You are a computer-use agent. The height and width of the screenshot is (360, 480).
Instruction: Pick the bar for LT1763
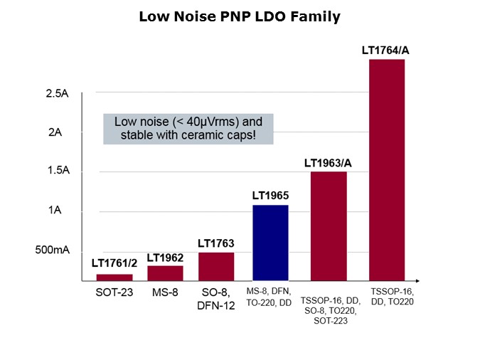(x=216, y=266)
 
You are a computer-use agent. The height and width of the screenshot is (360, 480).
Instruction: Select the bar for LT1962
(x=165, y=272)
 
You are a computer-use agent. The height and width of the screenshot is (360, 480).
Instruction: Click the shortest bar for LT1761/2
(x=114, y=277)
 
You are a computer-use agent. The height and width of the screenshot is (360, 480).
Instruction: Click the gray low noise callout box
(x=188, y=128)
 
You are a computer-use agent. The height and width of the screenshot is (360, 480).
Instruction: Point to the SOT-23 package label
(x=114, y=292)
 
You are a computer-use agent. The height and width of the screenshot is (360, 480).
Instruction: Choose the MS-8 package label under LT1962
(x=165, y=292)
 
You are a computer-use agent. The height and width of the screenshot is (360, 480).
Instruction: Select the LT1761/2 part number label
(x=114, y=263)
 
